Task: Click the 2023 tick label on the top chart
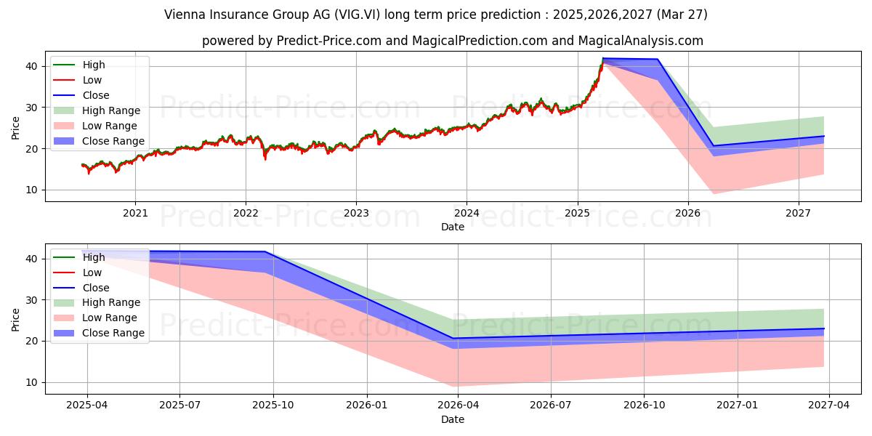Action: (x=356, y=213)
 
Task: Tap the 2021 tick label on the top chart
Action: (x=135, y=213)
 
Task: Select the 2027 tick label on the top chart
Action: (x=799, y=213)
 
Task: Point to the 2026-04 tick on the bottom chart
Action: (x=458, y=405)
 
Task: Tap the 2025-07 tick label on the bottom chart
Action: (x=179, y=405)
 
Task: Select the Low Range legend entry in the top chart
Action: (x=109, y=126)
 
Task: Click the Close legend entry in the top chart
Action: (x=96, y=95)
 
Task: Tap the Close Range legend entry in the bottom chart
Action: (x=113, y=333)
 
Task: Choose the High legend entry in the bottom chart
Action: (x=94, y=257)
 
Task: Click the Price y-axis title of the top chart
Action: (x=16, y=128)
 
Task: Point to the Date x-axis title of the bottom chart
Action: (x=453, y=419)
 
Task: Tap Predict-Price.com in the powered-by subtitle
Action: (x=328, y=41)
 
